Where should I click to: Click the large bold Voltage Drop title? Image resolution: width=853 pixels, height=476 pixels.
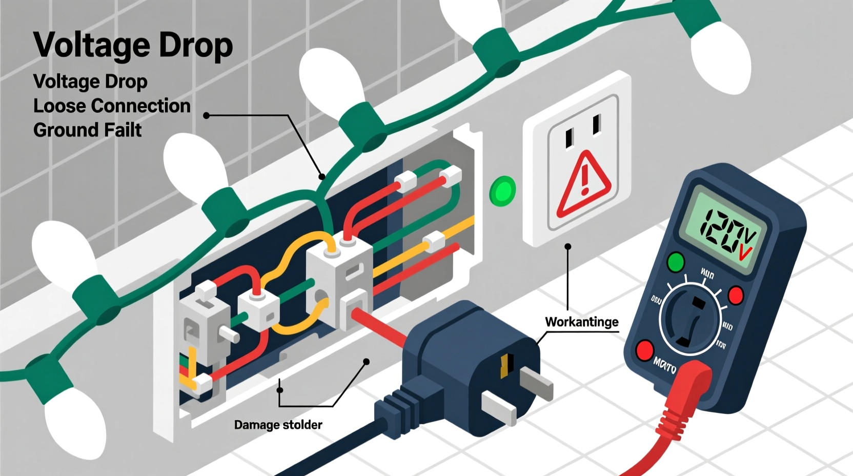[133, 45]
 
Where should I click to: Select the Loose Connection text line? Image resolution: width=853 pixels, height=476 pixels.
[112, 106]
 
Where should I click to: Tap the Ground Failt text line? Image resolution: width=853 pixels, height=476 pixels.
[87, 130]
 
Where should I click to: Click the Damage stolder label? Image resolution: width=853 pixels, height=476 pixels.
[278, 425]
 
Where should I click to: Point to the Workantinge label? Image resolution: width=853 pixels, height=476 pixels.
[581, 322]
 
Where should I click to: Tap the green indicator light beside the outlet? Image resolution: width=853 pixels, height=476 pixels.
[502, 191]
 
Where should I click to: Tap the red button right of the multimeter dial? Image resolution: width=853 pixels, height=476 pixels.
[736, 295]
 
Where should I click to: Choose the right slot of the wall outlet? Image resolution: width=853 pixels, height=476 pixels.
[597, 125]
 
